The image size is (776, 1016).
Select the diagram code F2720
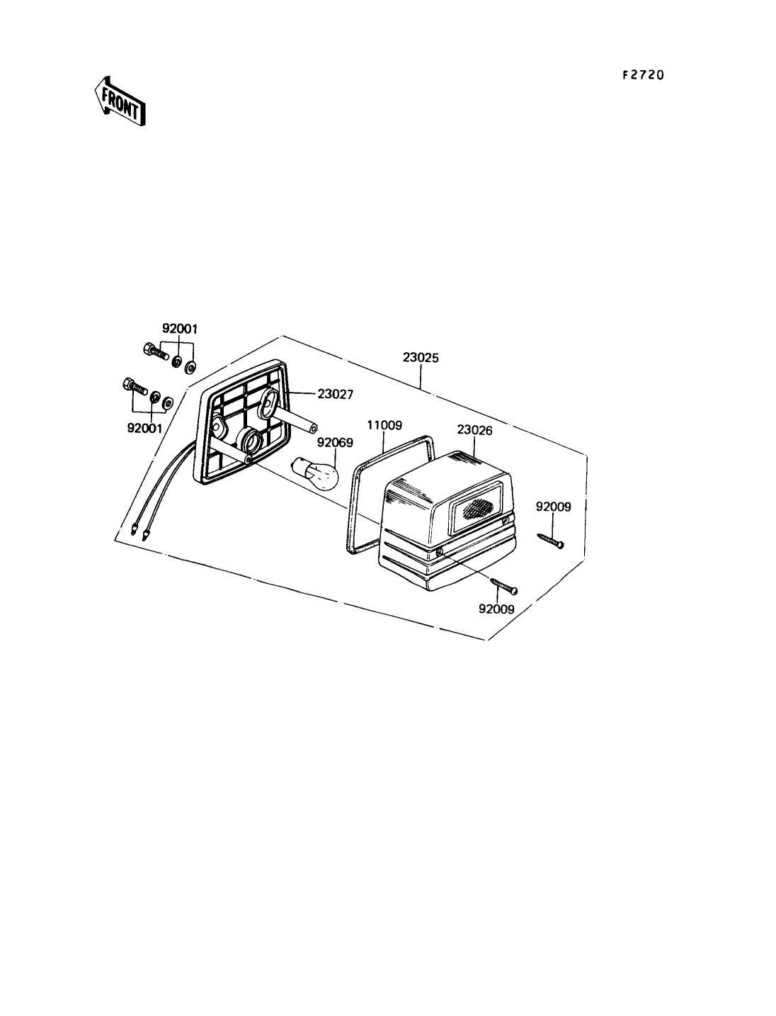[x=643, y=74]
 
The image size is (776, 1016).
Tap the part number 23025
[x=421, y=358]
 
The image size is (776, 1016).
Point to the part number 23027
[x=335, y=394]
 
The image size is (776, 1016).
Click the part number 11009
[x=384, y=425]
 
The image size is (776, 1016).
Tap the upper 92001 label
[x=180, y=329]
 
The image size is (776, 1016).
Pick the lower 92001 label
[x=144, y=428]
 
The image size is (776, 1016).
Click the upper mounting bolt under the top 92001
[x=154, y=350]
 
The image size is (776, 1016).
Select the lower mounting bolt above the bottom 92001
[x=133, y=387]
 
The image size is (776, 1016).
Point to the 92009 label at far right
[x=553, y=507]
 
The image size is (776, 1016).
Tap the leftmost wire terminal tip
[x=133, y=528]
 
